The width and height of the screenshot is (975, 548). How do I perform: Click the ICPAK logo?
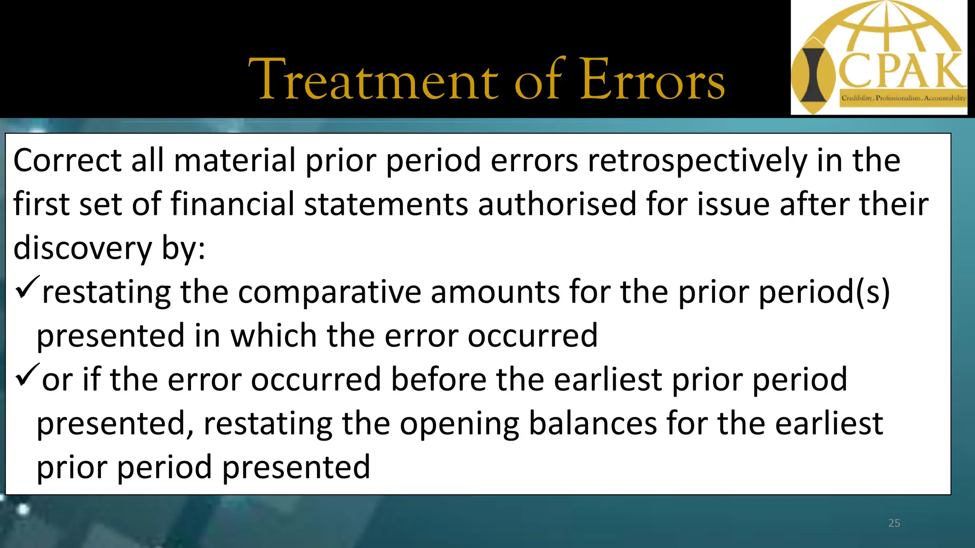pos(878,57)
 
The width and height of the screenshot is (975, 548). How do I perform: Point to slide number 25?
pos(894,523)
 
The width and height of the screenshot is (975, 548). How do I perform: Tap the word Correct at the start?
pos(67,161)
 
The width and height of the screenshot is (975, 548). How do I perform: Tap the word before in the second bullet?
pos(438,380)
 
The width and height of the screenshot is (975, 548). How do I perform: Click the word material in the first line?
pos(235,161)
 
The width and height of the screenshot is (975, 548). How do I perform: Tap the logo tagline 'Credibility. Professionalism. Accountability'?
pos(903,98)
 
